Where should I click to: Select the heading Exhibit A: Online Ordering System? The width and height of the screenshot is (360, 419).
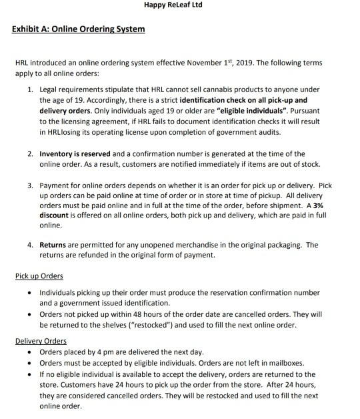78,30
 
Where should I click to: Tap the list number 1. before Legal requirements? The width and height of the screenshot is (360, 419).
31,89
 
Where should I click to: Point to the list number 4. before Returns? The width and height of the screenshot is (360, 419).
31,245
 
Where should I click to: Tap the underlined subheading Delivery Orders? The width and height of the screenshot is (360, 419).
41,341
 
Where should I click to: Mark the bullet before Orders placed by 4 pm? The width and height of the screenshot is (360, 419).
30,352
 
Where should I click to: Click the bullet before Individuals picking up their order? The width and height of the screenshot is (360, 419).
30,292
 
